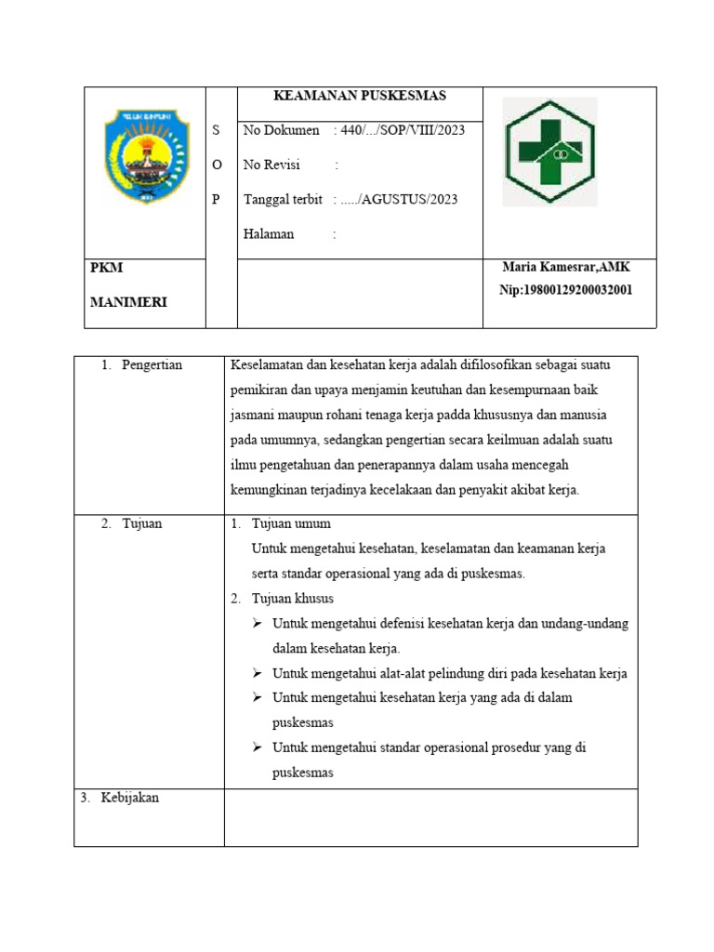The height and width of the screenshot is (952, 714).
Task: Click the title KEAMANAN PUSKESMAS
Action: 359,96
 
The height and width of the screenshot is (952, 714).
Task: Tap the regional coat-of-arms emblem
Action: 146,155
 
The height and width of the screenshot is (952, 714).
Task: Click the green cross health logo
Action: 550,151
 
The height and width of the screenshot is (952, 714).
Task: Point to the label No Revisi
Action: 271,165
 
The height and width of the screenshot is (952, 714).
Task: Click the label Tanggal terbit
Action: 283,199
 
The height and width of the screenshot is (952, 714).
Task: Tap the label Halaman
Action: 269,234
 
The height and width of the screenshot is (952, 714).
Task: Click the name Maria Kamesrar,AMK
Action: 566,268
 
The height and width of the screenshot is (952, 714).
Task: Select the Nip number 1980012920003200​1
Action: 566,290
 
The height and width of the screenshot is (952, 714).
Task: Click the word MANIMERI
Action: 129,302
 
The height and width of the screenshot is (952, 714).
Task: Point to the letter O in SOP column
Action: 218,165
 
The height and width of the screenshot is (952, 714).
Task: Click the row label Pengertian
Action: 152,365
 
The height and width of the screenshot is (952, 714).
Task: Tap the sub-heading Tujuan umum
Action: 291,523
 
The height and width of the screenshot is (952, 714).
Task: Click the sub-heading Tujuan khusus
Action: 293,598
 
